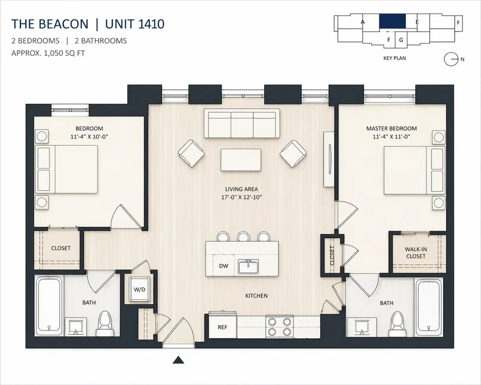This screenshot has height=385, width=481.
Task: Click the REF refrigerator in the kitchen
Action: click(x=222, y=327)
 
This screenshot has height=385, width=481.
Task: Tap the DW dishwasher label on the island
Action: click(x=224, y=266)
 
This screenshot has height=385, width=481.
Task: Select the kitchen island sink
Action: click(x=248, y=267)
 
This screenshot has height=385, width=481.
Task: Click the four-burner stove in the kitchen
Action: click(x=279, y=327)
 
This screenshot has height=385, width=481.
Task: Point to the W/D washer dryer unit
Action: click(x=139, y=289)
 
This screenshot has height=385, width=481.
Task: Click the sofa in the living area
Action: click(x=242, y=124)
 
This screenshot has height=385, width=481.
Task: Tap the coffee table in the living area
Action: click(x=241, y=160)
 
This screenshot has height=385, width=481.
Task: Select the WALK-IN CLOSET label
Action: click(x=416, y=253)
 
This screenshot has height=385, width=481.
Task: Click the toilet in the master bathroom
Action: click(x=398, y=324)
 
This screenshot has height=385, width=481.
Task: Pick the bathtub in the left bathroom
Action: click(x=48, y=306)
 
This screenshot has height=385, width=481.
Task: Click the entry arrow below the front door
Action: click(x=178, y=360)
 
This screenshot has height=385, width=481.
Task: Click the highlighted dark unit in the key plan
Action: click(x=392, y=22)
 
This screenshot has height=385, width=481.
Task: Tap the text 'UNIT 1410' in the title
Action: click(x=135, y=24)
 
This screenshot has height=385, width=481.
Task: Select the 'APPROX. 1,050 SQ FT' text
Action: click(x=48, y=53)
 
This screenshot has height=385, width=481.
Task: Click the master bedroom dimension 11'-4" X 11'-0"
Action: click(x=391, y=136)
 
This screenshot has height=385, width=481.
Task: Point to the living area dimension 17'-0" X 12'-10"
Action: click(x=241, y=197)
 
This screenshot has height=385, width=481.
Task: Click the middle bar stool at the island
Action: click(x=243, y=236)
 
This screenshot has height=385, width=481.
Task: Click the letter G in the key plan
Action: click(x=401, y=40)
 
